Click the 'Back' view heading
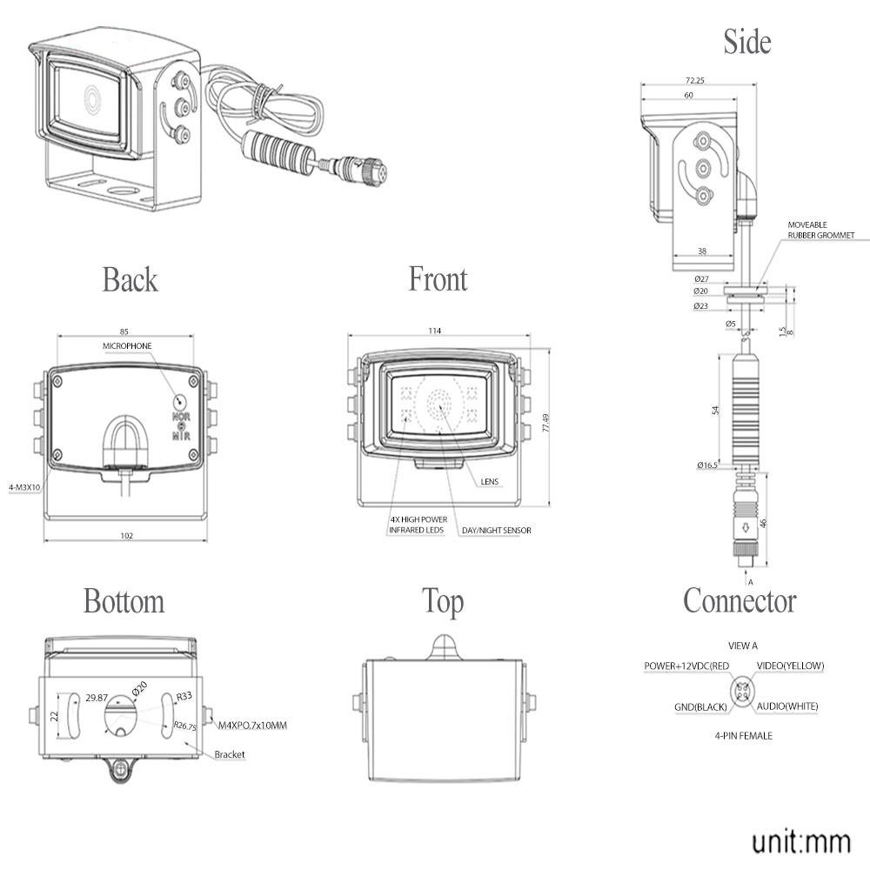point(130,280)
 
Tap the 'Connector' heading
point(739,600)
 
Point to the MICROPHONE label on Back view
point(126,346)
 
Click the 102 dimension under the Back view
point(127,536)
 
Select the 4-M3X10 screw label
point(23,488)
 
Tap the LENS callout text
point(489,480)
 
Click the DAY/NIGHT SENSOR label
point(496,530)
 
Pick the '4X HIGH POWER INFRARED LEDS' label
point(418,525)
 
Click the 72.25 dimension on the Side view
point(693,80)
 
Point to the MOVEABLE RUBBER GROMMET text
point(821,230)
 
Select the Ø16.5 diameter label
point(706,465)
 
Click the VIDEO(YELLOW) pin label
point(790,666)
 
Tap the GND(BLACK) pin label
point(700,706)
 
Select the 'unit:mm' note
point(800,841)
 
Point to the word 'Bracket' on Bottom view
point(230,754)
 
